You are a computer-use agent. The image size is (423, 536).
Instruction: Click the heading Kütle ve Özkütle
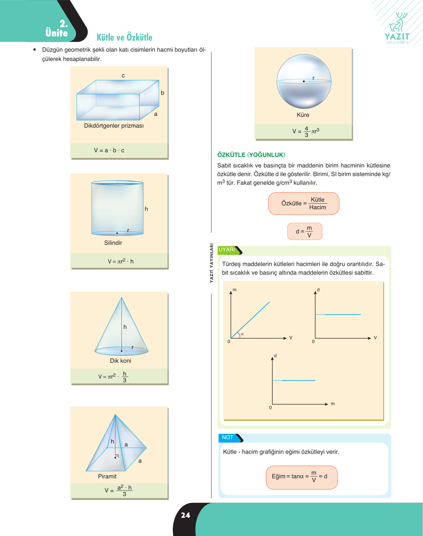pos(124,37)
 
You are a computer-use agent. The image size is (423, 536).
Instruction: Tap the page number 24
pos(185,515)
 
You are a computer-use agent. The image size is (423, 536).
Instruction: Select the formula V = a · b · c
pos(109,150)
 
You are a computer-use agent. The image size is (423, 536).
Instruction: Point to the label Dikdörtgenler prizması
pos(114,125)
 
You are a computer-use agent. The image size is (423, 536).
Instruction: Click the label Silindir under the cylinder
pos(113,243)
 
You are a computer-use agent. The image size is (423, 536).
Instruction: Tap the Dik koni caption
pos(120,361)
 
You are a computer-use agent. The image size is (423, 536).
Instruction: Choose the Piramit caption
pos(107,476)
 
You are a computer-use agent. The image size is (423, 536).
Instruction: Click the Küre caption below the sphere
pos(303,115)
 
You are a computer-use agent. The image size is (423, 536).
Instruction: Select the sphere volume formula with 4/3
pos(306,131)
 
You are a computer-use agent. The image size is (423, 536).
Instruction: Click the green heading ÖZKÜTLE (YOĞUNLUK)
pos(251,155)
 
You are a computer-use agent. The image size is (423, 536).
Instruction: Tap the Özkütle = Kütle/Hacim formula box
pos(304,203)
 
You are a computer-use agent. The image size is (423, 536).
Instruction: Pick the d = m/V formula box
pos(305,231)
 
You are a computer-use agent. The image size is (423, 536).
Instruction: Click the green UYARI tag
pos(230,250)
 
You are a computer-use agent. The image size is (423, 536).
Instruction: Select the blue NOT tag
pos(231,438)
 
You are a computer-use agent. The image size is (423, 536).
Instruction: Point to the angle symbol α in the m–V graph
pos(242,334)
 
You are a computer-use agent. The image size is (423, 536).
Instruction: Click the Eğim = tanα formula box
pos(302,477)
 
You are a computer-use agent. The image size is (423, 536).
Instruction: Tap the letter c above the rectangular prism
pos(123,75)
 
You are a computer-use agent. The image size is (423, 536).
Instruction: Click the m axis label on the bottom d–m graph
pos(333,404)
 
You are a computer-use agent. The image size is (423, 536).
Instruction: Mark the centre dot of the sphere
pos(304,81)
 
